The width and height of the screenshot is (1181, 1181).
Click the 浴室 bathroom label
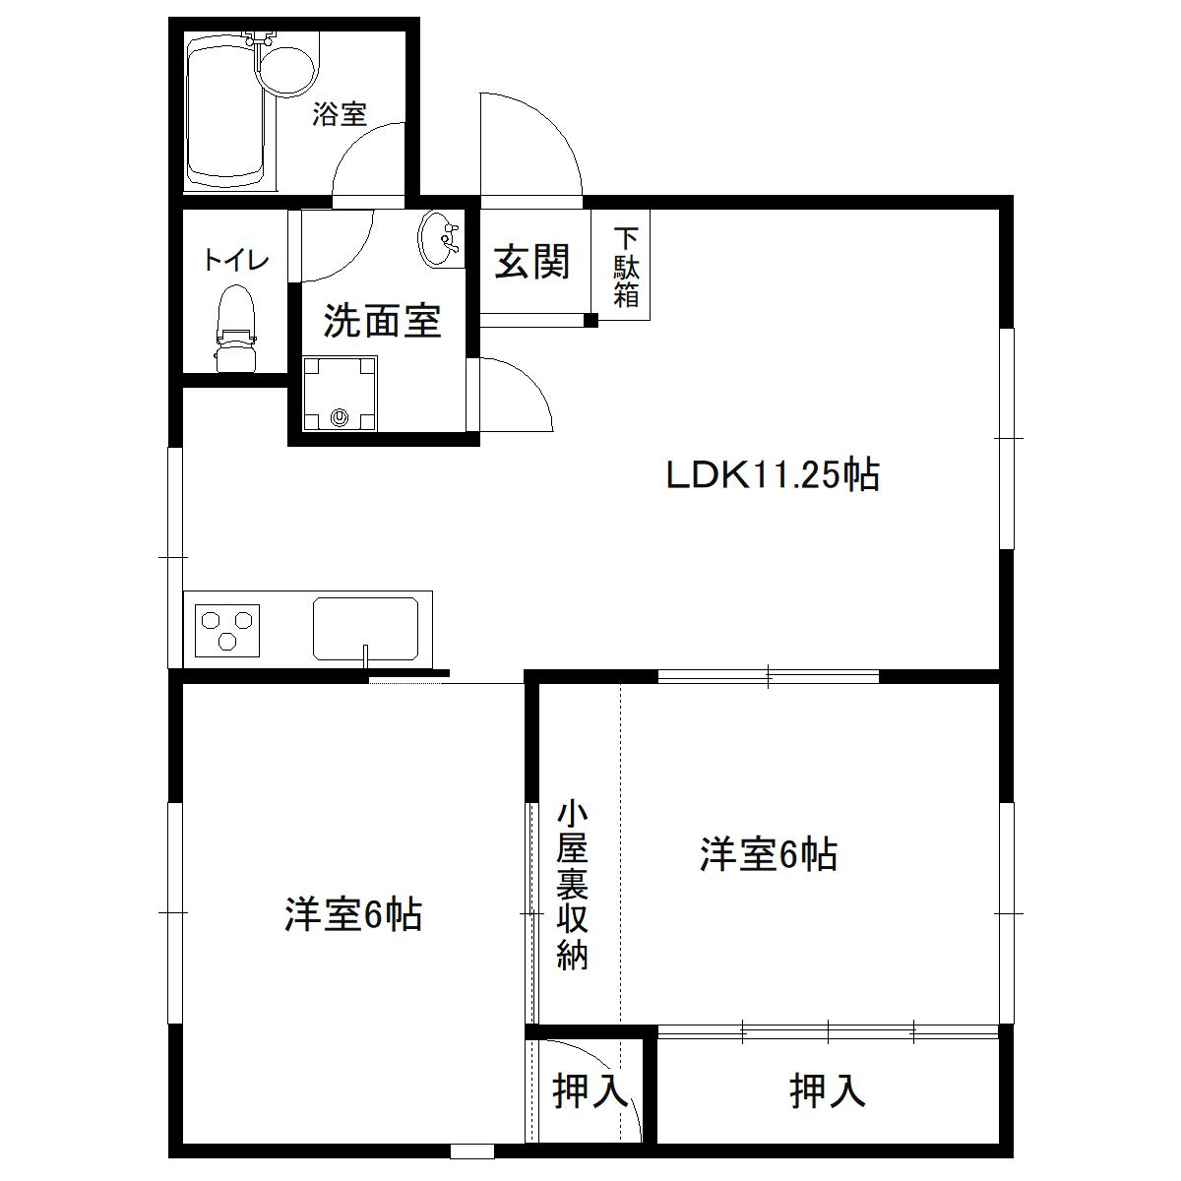tap(340, 115)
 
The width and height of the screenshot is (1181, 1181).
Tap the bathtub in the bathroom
tap(227, 111)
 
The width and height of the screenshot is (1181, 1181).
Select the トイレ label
tap(236, 261)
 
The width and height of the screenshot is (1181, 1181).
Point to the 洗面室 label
tap(382, 321)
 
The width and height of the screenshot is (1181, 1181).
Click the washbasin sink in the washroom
tap(440, 239)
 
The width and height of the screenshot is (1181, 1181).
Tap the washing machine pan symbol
tap(340, 394)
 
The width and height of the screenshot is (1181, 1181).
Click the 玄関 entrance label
tap(531, 262)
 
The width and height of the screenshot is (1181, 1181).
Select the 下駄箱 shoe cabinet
tap(627, 267)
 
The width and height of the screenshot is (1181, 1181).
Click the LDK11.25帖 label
tap(773, 475)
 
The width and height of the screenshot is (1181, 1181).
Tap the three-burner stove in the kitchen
tap(228, 630)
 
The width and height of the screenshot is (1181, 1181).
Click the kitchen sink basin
tap(365, 628)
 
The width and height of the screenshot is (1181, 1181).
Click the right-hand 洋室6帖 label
tap(769, 853)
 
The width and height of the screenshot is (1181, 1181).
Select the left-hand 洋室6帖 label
tap(353, 914)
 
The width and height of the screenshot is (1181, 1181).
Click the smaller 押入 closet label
tap(590, 1090)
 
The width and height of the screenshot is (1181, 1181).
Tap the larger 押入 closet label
tap(827, 1090)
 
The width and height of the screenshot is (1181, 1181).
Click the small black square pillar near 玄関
tap(590, 320)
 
